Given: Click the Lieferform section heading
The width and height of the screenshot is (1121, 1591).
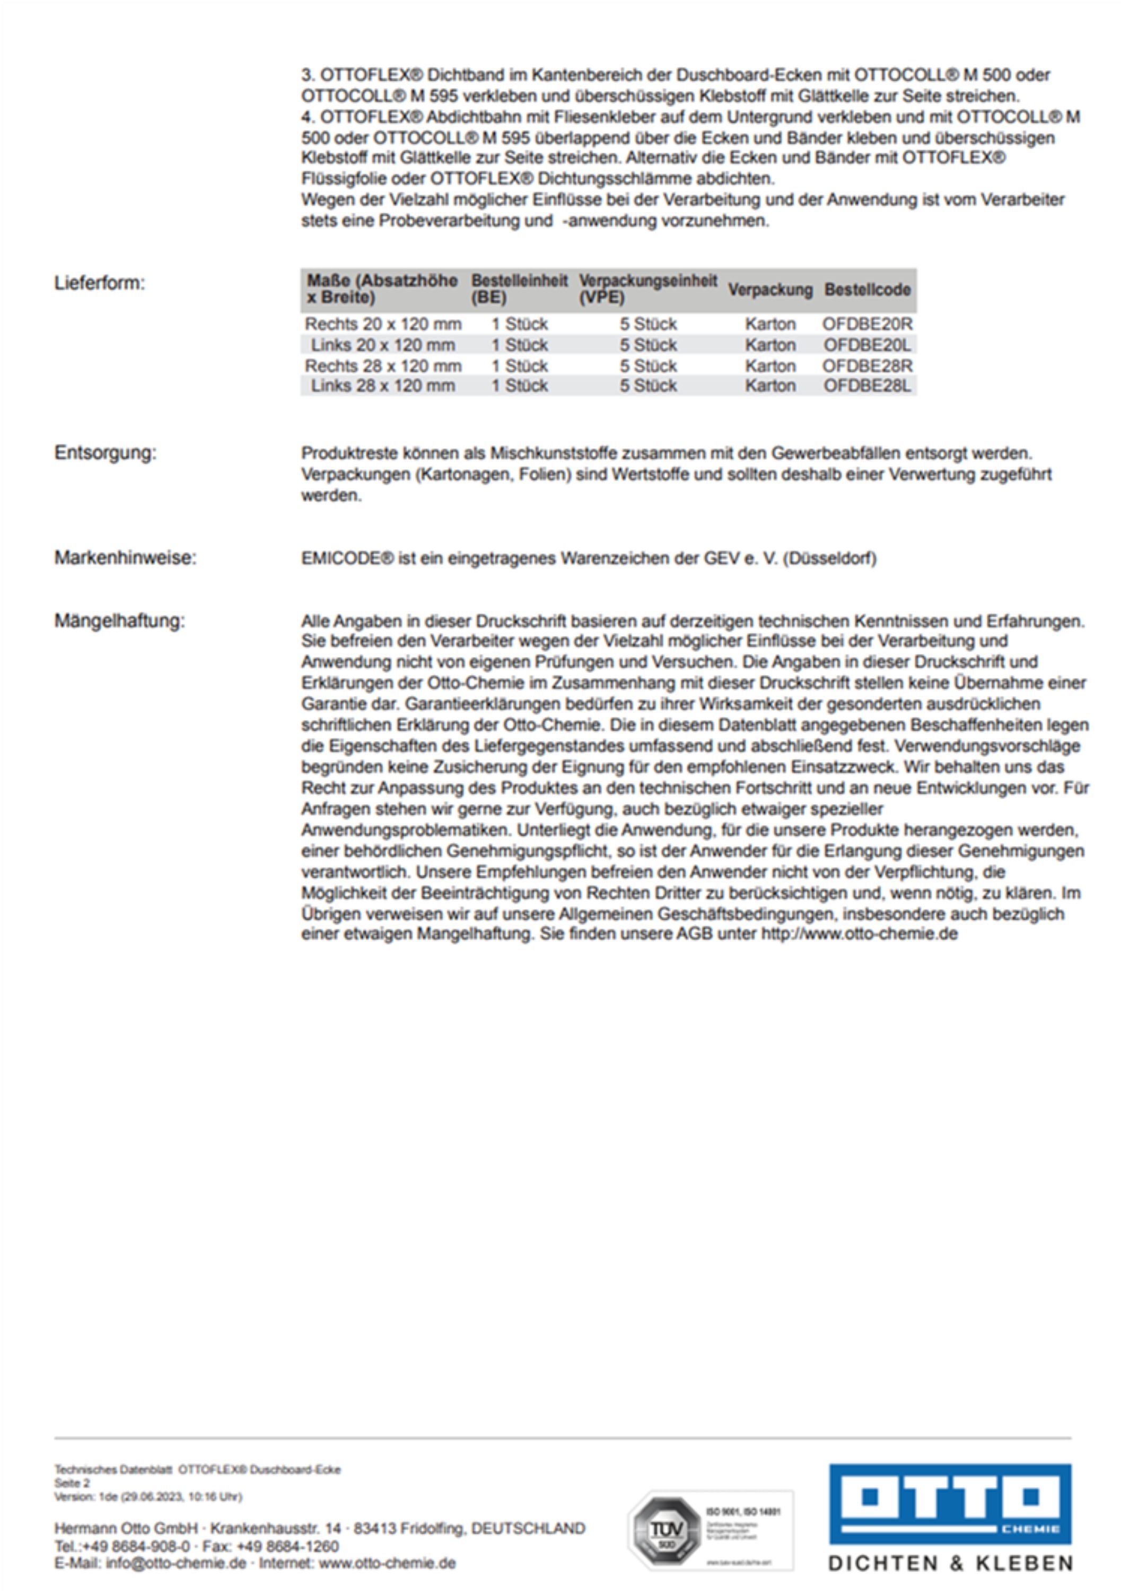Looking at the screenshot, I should [x=100, y=283].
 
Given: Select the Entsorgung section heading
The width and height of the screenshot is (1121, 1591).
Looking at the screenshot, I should [x=106, y=453].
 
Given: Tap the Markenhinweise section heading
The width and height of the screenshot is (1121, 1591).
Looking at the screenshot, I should [x=125, y=558].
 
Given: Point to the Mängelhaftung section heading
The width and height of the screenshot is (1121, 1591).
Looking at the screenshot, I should [x=120, y=621].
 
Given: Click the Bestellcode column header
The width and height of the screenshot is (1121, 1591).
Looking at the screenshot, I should [x=866, y=290].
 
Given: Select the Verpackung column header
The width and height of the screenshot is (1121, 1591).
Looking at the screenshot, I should [x=770, y=290].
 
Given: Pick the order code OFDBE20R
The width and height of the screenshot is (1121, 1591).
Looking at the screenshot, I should [x=868, y=324].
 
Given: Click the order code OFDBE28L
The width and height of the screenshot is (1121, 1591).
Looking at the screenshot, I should [x=868, y=386].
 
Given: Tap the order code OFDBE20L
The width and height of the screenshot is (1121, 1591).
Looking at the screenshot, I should [x=868, y=345].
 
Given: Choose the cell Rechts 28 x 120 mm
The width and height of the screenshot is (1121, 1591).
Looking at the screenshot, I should [x=383, y=366].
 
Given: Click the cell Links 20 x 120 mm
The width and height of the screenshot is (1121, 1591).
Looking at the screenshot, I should [x=383, y=345].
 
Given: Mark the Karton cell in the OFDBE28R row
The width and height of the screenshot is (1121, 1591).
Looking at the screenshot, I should [x=770, y=366].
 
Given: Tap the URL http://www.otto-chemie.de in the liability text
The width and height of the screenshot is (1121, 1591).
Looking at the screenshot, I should [x=859, y=934].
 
